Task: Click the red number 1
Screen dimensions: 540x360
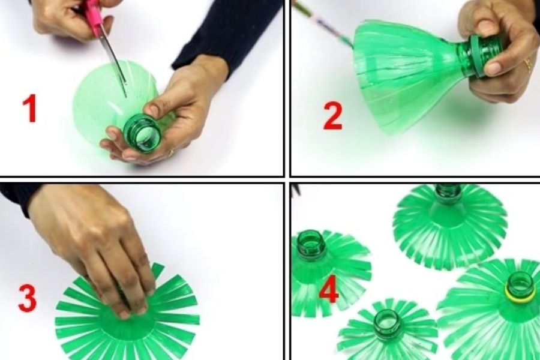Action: pyautogui.click(x=31, y=109)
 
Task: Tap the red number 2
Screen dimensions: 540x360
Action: pyautogui.click(x=332, y=116)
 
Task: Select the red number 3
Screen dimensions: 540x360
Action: pyautogui.click(x=27, y=298)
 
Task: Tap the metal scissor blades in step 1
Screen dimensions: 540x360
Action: pyautogui.click(x=115, y=64)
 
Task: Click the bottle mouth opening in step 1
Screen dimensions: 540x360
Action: pyautogui.click(x=143, y=133)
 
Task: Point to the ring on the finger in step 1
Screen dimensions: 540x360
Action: pyautogui.click(x=171, y=152)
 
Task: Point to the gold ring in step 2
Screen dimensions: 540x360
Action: pyautogui.click(x=527, y=65)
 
